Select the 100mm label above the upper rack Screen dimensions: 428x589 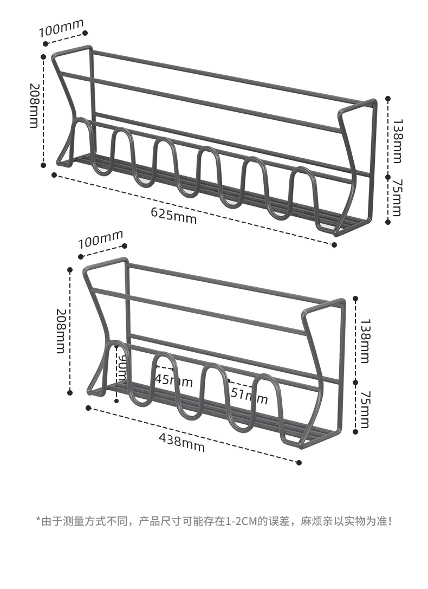coord(61,28)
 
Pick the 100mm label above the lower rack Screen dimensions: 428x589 coord(101,239)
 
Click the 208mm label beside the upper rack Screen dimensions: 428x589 coord(34,106)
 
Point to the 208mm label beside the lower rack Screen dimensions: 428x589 coord(60,331)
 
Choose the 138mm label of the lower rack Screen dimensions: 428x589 coord(364,341)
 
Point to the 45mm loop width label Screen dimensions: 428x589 coord(173,380)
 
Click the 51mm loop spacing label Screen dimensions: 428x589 coord(249,396)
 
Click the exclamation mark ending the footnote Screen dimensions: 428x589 coord(390,521)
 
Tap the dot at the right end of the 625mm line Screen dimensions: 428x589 coord(334,244)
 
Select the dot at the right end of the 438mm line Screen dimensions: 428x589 coord(299,462)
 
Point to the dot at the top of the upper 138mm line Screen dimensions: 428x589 coord(388,99)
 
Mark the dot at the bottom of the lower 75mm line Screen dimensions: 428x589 coord(355,432)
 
